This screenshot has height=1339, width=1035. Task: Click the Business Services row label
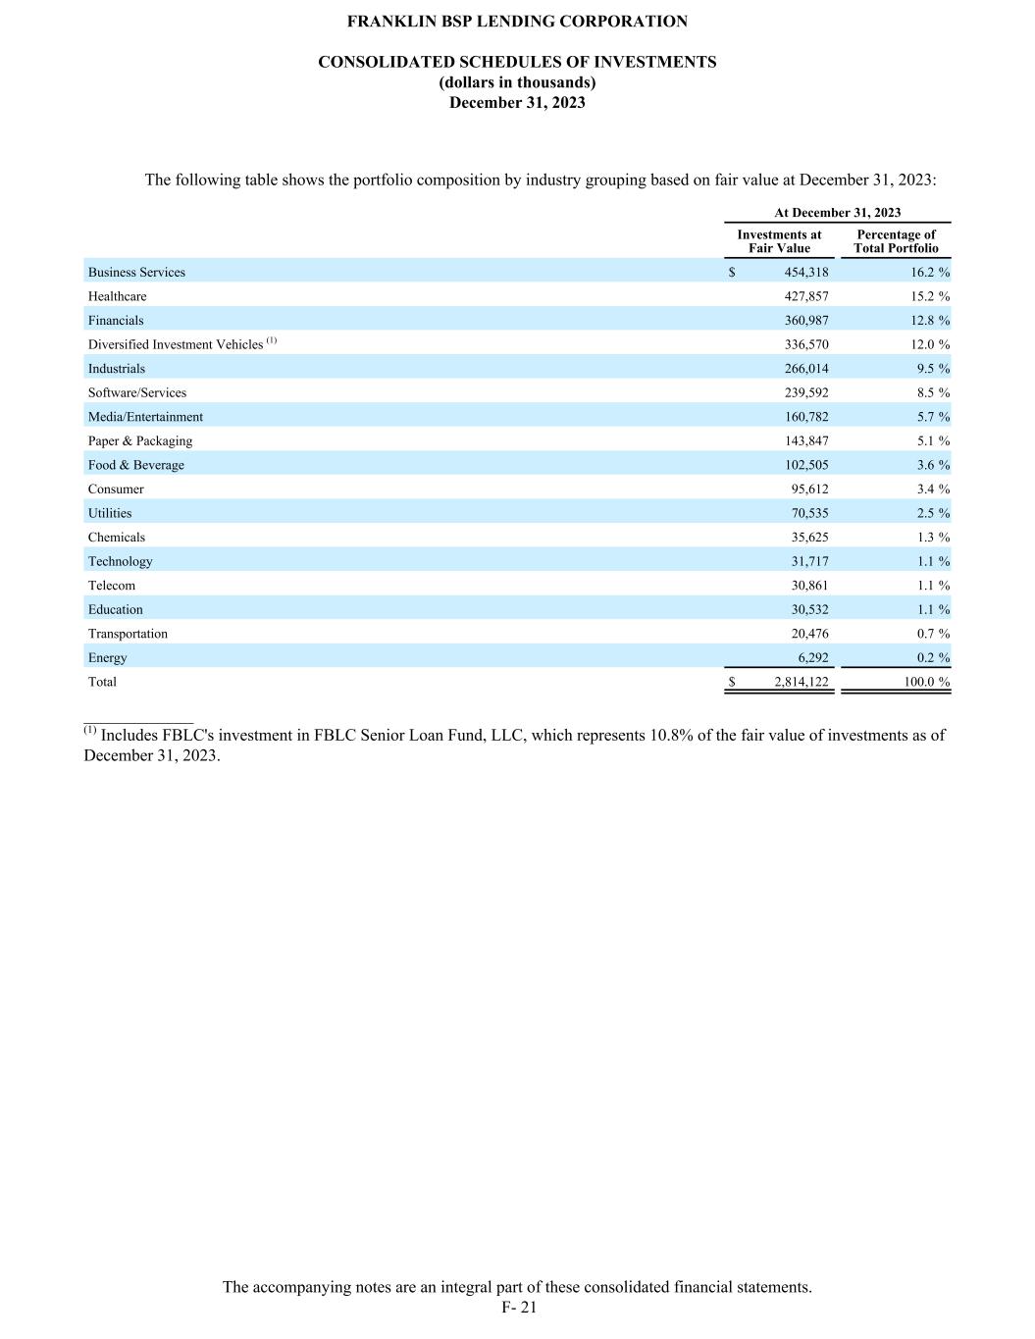pos(136,273)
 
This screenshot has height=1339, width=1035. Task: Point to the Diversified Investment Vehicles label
pos(176,344)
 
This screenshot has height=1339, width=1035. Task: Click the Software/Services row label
pos(137,392)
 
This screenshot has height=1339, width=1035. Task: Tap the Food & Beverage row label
pos(136,465)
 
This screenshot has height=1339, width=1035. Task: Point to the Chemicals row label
pos(117,538)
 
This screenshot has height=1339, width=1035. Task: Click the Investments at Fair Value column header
pos(779,241)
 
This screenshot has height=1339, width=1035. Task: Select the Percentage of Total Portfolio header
pos(896,241)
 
